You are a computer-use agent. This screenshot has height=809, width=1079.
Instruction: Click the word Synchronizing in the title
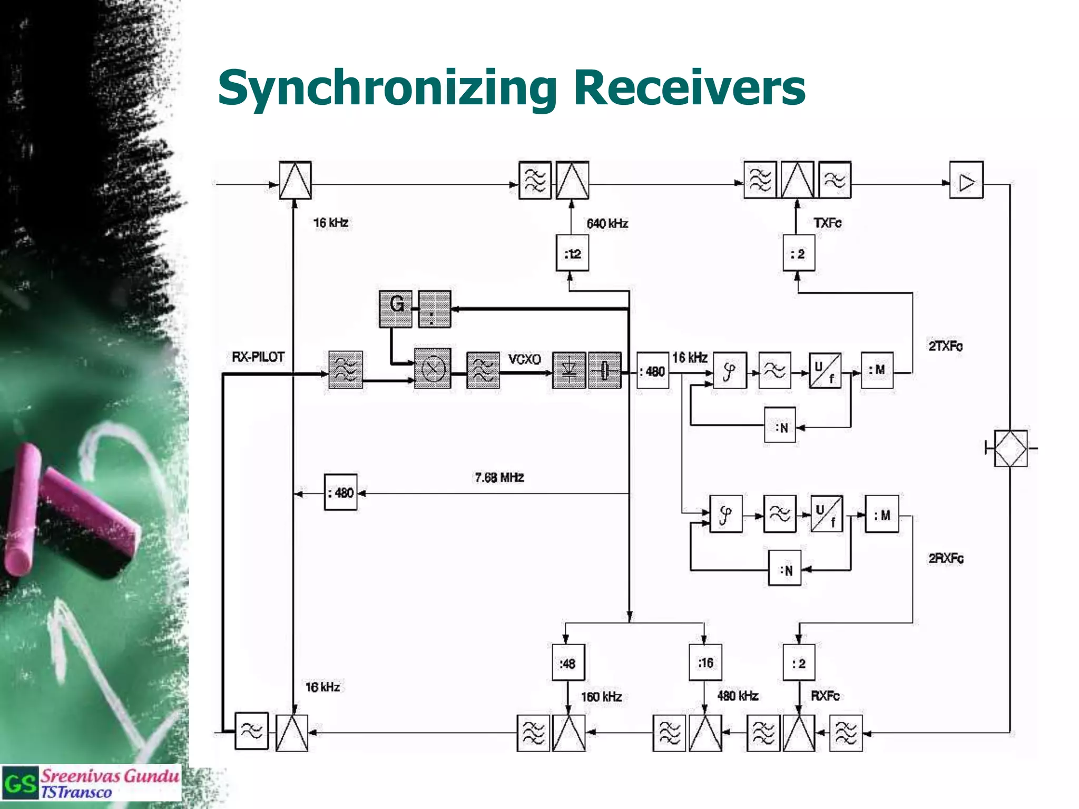[387, 88]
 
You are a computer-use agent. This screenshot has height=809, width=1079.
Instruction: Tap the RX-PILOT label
[258, 357]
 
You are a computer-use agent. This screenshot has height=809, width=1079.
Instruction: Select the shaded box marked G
[396, 309]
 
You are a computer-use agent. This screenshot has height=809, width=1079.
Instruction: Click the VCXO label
[524, 359]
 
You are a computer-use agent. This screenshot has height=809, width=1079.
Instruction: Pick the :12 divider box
[572, 254]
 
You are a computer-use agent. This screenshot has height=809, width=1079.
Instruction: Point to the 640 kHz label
[607, 224]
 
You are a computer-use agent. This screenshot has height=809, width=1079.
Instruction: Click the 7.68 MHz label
[499, 478]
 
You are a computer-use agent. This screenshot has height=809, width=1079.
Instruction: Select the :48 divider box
[568, 663]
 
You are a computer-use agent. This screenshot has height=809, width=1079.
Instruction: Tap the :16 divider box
[705, 663]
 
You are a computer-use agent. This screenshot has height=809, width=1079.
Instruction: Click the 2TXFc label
[945, 346]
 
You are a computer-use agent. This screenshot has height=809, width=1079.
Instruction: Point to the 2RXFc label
[946, 558]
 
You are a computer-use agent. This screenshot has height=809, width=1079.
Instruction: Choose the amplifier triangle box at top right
[966, 181]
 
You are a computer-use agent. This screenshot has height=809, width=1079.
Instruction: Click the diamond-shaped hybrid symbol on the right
[1010, 449]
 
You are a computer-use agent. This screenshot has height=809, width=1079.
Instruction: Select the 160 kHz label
[601, 697]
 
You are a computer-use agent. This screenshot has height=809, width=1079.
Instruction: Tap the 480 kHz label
[738, 696]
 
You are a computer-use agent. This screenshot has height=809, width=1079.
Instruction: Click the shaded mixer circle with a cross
[433, 369]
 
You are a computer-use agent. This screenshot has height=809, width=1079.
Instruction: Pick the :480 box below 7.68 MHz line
[340, 493]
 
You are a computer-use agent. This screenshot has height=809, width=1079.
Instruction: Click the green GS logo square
[20, 784]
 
